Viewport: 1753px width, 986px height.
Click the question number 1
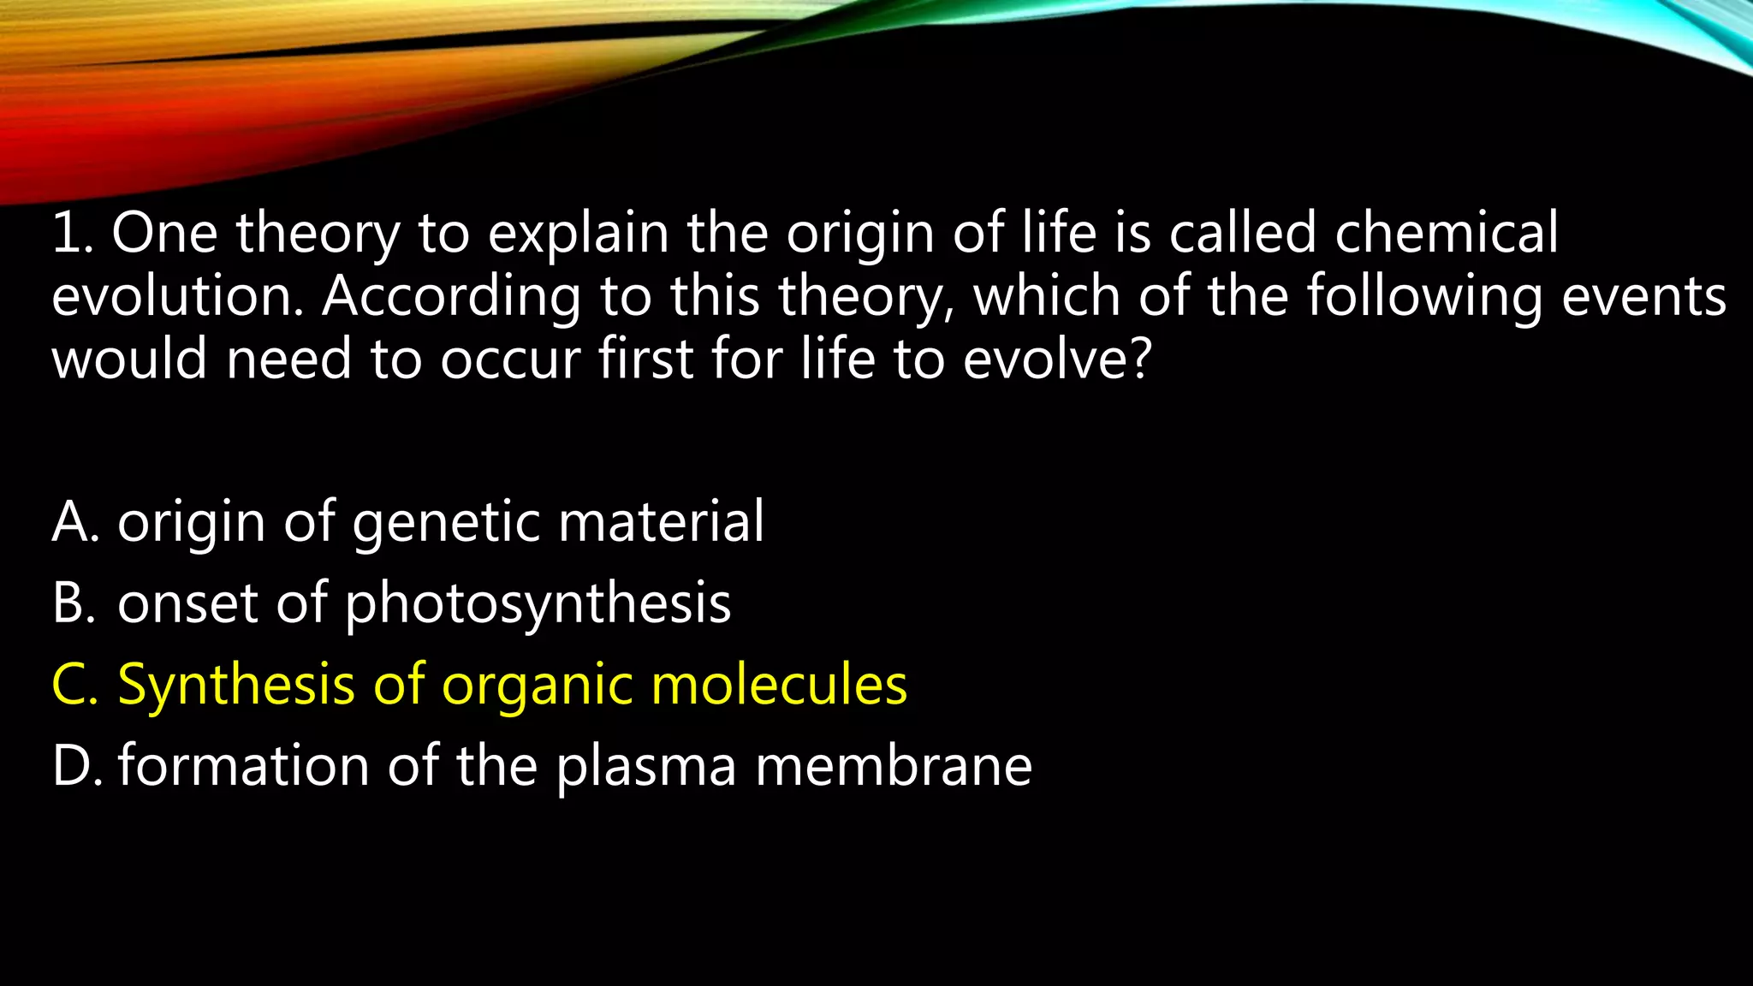70,233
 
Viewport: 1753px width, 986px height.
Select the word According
450,296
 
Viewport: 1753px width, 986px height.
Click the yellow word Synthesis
236,686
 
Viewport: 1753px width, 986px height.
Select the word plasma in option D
646,767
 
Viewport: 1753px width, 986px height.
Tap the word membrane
894,765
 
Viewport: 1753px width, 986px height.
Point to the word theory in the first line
318,235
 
